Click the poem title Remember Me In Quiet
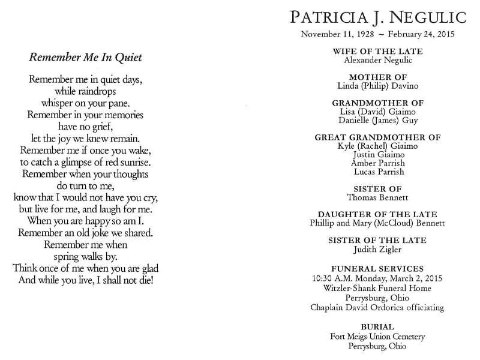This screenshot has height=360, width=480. tap(85, 58)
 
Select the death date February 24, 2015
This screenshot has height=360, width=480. tap(419, 34)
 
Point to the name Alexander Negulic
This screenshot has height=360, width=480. tap(378, 60)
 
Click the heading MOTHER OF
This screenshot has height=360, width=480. tap(378, 77)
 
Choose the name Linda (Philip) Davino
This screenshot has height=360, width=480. tap(378, 86)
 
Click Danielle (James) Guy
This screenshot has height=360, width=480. tap(378, 120)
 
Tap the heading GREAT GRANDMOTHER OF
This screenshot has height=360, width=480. tap(378, 137)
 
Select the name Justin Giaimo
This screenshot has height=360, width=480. tap(378, 154)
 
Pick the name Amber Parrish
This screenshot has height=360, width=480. tap(378, 163)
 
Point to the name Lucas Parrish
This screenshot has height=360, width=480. tap(379, 172)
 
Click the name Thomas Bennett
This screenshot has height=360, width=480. tap(378, 197)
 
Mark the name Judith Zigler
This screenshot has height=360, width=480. tap(378, 249)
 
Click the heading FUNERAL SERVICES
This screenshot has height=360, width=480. tap(378, 269)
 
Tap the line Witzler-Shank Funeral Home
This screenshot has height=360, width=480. tap(378, 288)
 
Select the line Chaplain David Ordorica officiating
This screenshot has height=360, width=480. tap(377, 308)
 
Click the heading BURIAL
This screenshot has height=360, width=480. tap(378, 327)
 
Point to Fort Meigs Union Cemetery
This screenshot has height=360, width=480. tap(378, 336)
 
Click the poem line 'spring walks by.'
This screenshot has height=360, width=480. tap(85, 256)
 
